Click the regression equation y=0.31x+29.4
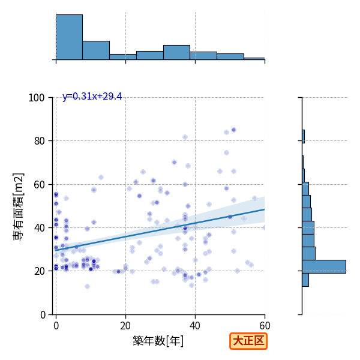coord(92,97)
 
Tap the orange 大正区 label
coord(248,341)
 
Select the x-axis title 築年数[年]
coord(158,341)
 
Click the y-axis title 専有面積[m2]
coord(19,206)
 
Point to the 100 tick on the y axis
coord(36,98)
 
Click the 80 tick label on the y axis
coord(39,141)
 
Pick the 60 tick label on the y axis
coord(39,185)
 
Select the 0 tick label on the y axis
coord(43,315)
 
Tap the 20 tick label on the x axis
coord(125,326)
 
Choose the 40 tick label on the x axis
coord(195,326)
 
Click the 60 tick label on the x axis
coord(265,326)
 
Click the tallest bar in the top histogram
coord(70,37)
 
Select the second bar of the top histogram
coord(96,50)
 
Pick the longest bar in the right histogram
coord(324,266)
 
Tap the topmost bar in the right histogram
coord(303,136)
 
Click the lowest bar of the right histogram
coord(305,280)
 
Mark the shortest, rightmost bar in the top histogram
coord(254,59)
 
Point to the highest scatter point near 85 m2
coord(234,130)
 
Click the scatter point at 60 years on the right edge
coord(264,228)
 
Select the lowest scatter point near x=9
coord(87,286)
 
